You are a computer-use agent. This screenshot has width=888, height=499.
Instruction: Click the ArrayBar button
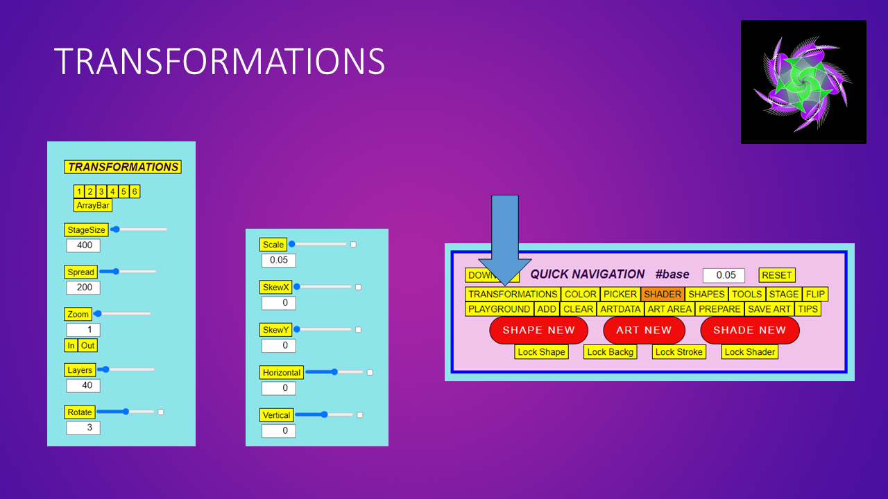click(x=93, y=205)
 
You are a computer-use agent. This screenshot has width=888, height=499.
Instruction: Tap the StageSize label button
click(x=87, y=229)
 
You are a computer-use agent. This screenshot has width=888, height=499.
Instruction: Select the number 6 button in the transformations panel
click(x=135, y=191)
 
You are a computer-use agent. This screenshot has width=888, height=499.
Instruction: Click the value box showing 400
click(x=83, y=245)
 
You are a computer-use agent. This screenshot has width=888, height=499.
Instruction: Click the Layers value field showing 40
click(x=83, y=385)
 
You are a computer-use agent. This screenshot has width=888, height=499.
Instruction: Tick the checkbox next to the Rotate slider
click(x=161, y=412)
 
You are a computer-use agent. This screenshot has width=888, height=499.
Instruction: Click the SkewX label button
click(x=277, y=287)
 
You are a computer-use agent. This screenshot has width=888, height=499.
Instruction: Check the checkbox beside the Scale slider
click(x=353, y=245)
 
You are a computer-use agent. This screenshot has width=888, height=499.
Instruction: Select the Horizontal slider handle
click(x=334, y=372)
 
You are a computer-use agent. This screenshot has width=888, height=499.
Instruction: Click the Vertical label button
click(x=276, y=415)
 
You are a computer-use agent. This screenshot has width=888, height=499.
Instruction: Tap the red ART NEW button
click(x=644, y=330)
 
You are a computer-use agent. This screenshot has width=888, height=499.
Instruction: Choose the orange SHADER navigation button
click(x=663, y=294)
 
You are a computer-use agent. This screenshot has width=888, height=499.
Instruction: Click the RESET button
click(x=776, y=275)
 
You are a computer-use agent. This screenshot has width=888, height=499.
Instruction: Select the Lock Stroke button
click(x=679, y=352)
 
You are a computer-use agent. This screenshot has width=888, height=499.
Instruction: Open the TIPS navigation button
click(x=808, y=309)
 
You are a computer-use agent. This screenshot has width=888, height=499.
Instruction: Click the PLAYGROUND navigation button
click(x=499, y=309)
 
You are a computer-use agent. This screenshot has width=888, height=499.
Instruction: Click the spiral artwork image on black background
click(x=803, y=82)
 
